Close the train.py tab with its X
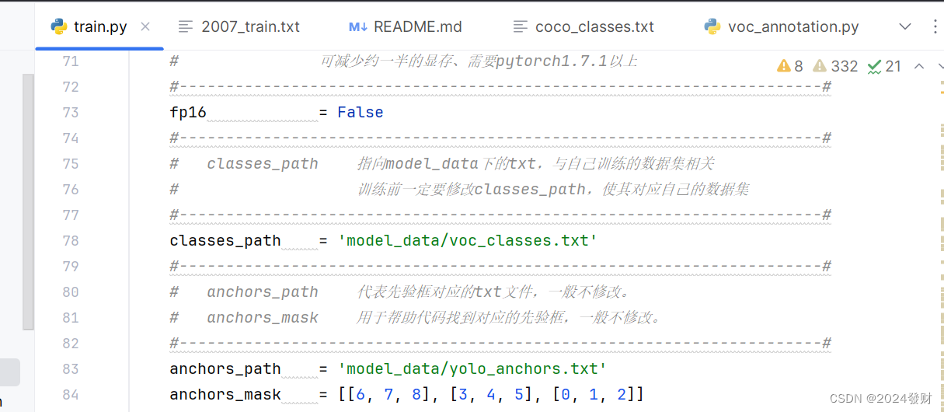145,26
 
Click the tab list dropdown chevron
904,26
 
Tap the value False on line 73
361,112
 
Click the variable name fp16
188,112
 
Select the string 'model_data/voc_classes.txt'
468,240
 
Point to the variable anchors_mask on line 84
225,394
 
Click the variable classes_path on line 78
225,240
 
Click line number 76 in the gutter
71,189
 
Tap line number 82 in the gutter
71,343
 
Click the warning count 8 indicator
790,66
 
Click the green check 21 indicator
884,66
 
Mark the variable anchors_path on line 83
225,368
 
